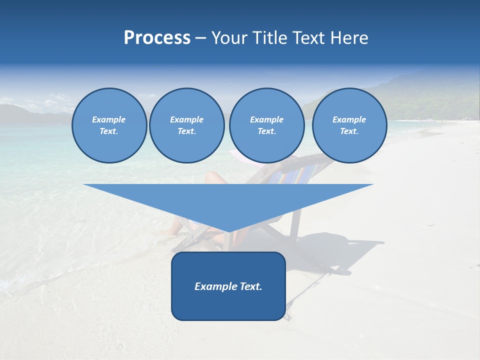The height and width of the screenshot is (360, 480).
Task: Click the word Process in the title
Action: pos(157,38)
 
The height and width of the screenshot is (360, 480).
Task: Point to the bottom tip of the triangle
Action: pos(228,230)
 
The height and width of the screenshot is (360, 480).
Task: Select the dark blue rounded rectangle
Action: pos(228,305)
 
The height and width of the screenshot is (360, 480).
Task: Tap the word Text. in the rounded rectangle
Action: pos(250,286)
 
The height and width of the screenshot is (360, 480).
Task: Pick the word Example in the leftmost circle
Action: pos(109,119)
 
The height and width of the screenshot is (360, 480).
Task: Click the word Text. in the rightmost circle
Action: pos(349,131)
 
